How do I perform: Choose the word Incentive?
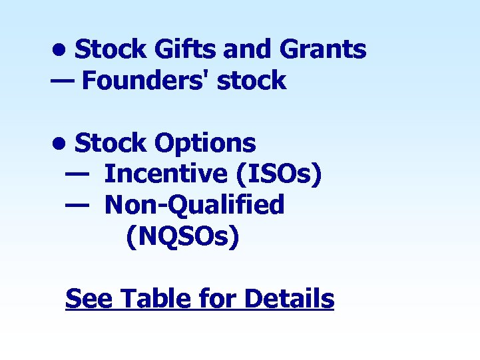pos(166,174)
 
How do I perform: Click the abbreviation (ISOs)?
pos(278,174)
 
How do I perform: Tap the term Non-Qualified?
pos(194,205)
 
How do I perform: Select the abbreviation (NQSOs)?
pos(182,236)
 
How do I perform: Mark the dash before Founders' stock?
pos(63,80)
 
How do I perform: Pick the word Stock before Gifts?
pos(111,49)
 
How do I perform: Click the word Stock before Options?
pos(111,142)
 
